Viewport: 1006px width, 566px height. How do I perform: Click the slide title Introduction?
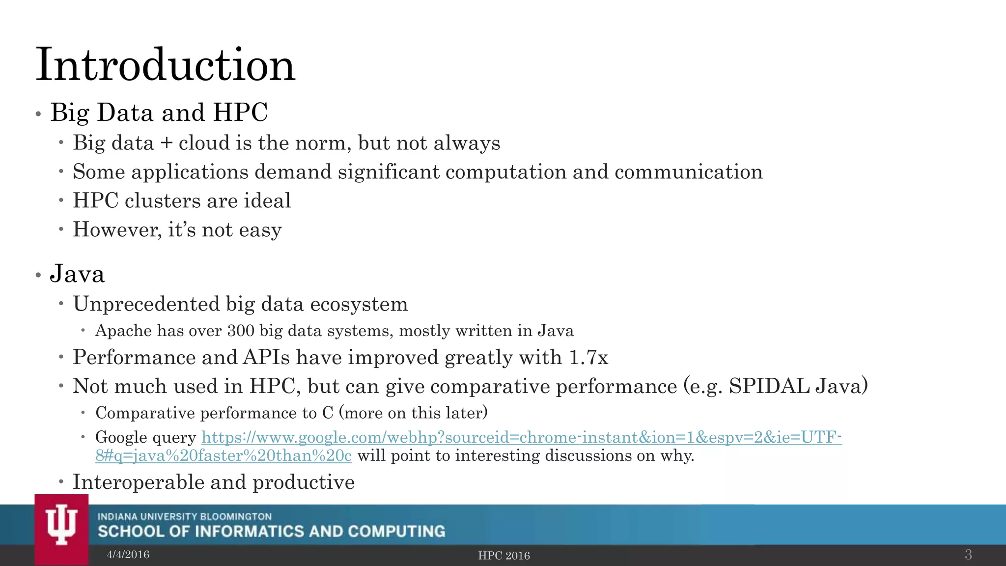[166, 65]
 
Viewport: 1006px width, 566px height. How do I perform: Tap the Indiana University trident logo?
[61, 525]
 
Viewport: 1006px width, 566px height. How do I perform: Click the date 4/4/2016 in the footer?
[128, 555]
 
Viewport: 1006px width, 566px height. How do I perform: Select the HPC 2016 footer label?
[504, 556]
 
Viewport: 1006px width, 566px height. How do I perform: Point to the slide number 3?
[968, 555]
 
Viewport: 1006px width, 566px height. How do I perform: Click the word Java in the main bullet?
[78, 274]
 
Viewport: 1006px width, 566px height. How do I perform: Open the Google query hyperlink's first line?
[522, 437]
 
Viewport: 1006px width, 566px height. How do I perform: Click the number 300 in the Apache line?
[241, 331]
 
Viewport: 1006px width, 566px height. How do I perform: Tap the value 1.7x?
[588, 357]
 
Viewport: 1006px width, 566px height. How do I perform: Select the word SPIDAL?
[769, 386]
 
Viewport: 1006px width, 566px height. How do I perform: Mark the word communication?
[688, 172]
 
